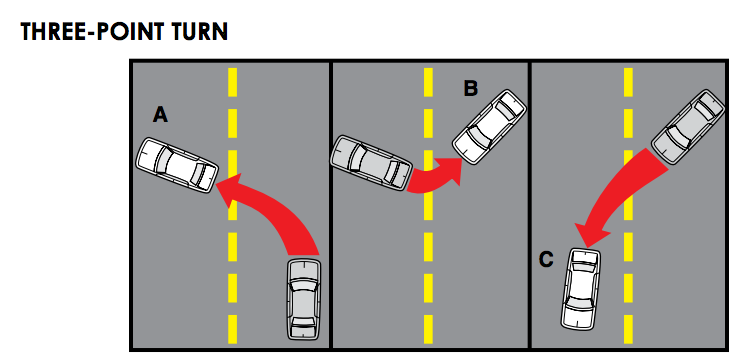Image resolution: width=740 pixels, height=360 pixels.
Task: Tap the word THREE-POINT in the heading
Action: coord(86,32)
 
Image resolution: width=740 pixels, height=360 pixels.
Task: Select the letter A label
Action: coord(160,116)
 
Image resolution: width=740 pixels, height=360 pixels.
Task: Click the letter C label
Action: coord(546,260)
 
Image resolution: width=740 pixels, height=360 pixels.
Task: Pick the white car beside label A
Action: coord(178,165)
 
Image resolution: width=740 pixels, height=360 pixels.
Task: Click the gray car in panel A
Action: coord(303,298)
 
